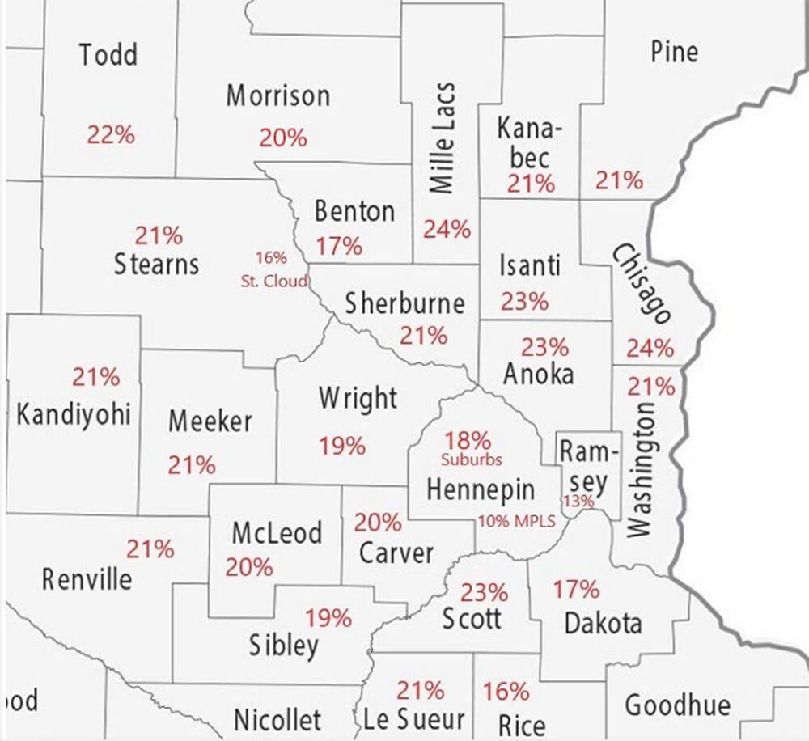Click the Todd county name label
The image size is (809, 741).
point(108,55)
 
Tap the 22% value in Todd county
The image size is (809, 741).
point(110,134)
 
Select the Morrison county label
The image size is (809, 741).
point(277,96)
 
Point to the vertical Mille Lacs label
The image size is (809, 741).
point(442,138)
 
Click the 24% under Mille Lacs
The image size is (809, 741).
point(447,229)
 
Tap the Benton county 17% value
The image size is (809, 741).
point(339,245)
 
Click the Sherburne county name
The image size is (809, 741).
point(404,303)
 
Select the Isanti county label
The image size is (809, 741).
point(529,265)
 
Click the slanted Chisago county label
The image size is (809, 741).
point(642,284)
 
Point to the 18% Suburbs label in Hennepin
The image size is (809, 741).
point(469,448)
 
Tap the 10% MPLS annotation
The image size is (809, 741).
point(516,522)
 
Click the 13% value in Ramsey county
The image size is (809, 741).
point(579,502)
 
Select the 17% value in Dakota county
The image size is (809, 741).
point(576,589)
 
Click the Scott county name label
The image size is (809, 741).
point(472,620)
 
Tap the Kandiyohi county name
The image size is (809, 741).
point(74,416)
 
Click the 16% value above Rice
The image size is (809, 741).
point(506,692)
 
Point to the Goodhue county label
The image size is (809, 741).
point(677,705)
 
